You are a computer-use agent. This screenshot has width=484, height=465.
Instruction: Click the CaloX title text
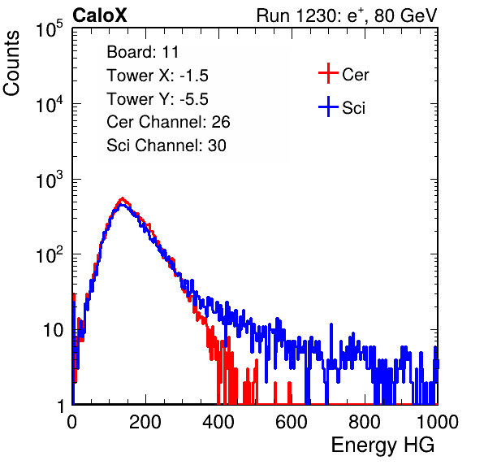click(99, 15)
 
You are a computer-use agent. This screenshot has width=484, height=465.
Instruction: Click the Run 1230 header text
click(347, 15)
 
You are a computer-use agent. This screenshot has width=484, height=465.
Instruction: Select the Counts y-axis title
click(11, 63)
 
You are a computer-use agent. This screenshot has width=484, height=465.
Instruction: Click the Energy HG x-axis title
click(382, 445)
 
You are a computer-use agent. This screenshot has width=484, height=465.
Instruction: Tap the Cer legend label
click(355, 75)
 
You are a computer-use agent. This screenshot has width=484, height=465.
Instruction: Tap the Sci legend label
click(353, 108)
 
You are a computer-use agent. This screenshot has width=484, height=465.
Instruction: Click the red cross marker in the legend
click(328, 73)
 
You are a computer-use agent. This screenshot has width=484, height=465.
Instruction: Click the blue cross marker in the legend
click(328, 106)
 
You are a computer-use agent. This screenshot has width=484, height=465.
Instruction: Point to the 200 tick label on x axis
click(145, 422)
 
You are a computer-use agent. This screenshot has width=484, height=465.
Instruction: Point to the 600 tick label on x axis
click(292, 422)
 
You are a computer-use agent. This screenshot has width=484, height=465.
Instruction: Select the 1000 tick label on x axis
click(438, 422)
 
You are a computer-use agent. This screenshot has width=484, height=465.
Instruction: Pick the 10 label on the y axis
click(53, 330)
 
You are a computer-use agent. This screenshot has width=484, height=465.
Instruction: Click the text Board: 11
click(143, 52)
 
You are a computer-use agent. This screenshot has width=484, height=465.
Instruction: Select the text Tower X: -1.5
click(158, 76)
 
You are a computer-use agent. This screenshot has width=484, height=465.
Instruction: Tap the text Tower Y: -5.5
click(158, 99)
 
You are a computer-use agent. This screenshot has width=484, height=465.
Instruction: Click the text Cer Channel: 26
click(168, 122)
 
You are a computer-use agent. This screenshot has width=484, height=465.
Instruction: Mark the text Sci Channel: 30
click(166, 146)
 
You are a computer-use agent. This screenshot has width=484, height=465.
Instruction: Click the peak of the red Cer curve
click(123, 198)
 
